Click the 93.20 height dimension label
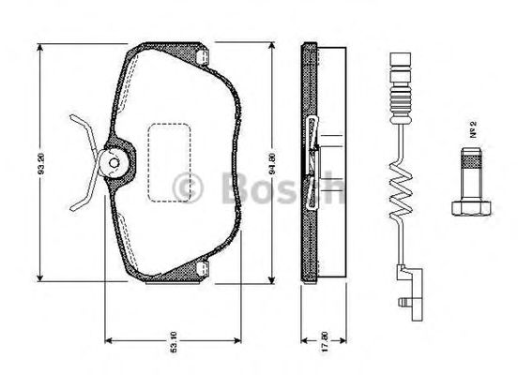pyautogui.click(x=38, y=162)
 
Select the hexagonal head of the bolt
pyautogui.click(x=471, y=205)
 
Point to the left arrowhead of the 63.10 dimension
pyautogui.click(x=107, y=337)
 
